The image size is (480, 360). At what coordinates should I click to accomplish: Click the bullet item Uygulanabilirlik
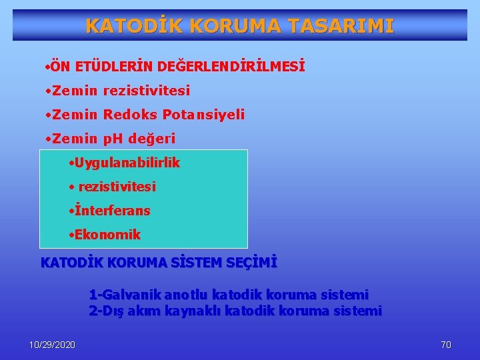pos(127,163)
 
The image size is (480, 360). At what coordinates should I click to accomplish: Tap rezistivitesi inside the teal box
pos(117,187)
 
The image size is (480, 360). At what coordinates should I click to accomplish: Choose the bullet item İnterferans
pos(113,211)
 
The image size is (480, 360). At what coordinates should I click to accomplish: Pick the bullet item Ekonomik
pos(107,235)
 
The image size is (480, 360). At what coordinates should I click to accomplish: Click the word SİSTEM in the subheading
pos(194,263)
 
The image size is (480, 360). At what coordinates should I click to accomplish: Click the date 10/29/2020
pos(53,345)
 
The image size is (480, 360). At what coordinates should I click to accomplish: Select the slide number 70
pos(446,345)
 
